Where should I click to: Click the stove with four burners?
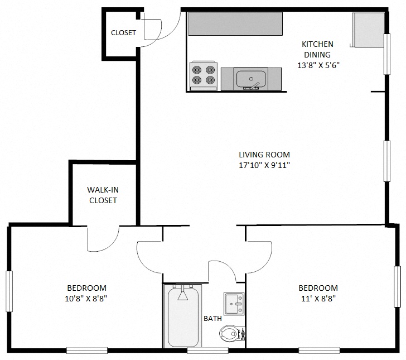tap(203, 75)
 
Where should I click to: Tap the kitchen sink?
tap(249, 79)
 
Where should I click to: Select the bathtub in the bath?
tap(183, 316)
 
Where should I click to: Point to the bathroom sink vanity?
tap(234, 303)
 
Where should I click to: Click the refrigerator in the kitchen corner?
tap(368, 30)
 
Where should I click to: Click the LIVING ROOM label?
tap(264, 155)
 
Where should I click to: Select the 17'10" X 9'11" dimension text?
tap(264, 165)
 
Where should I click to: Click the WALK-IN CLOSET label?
tap(103, 195)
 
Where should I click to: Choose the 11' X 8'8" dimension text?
tap(318, 298)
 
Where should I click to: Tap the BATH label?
tap(212, 319)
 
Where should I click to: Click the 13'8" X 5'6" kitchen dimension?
tap(318, 65)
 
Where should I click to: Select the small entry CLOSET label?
tap(123, 33)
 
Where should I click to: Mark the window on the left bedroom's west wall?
tap(9, 291)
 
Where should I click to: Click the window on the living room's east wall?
tap(386, 161)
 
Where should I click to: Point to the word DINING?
tap(317, 55)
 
